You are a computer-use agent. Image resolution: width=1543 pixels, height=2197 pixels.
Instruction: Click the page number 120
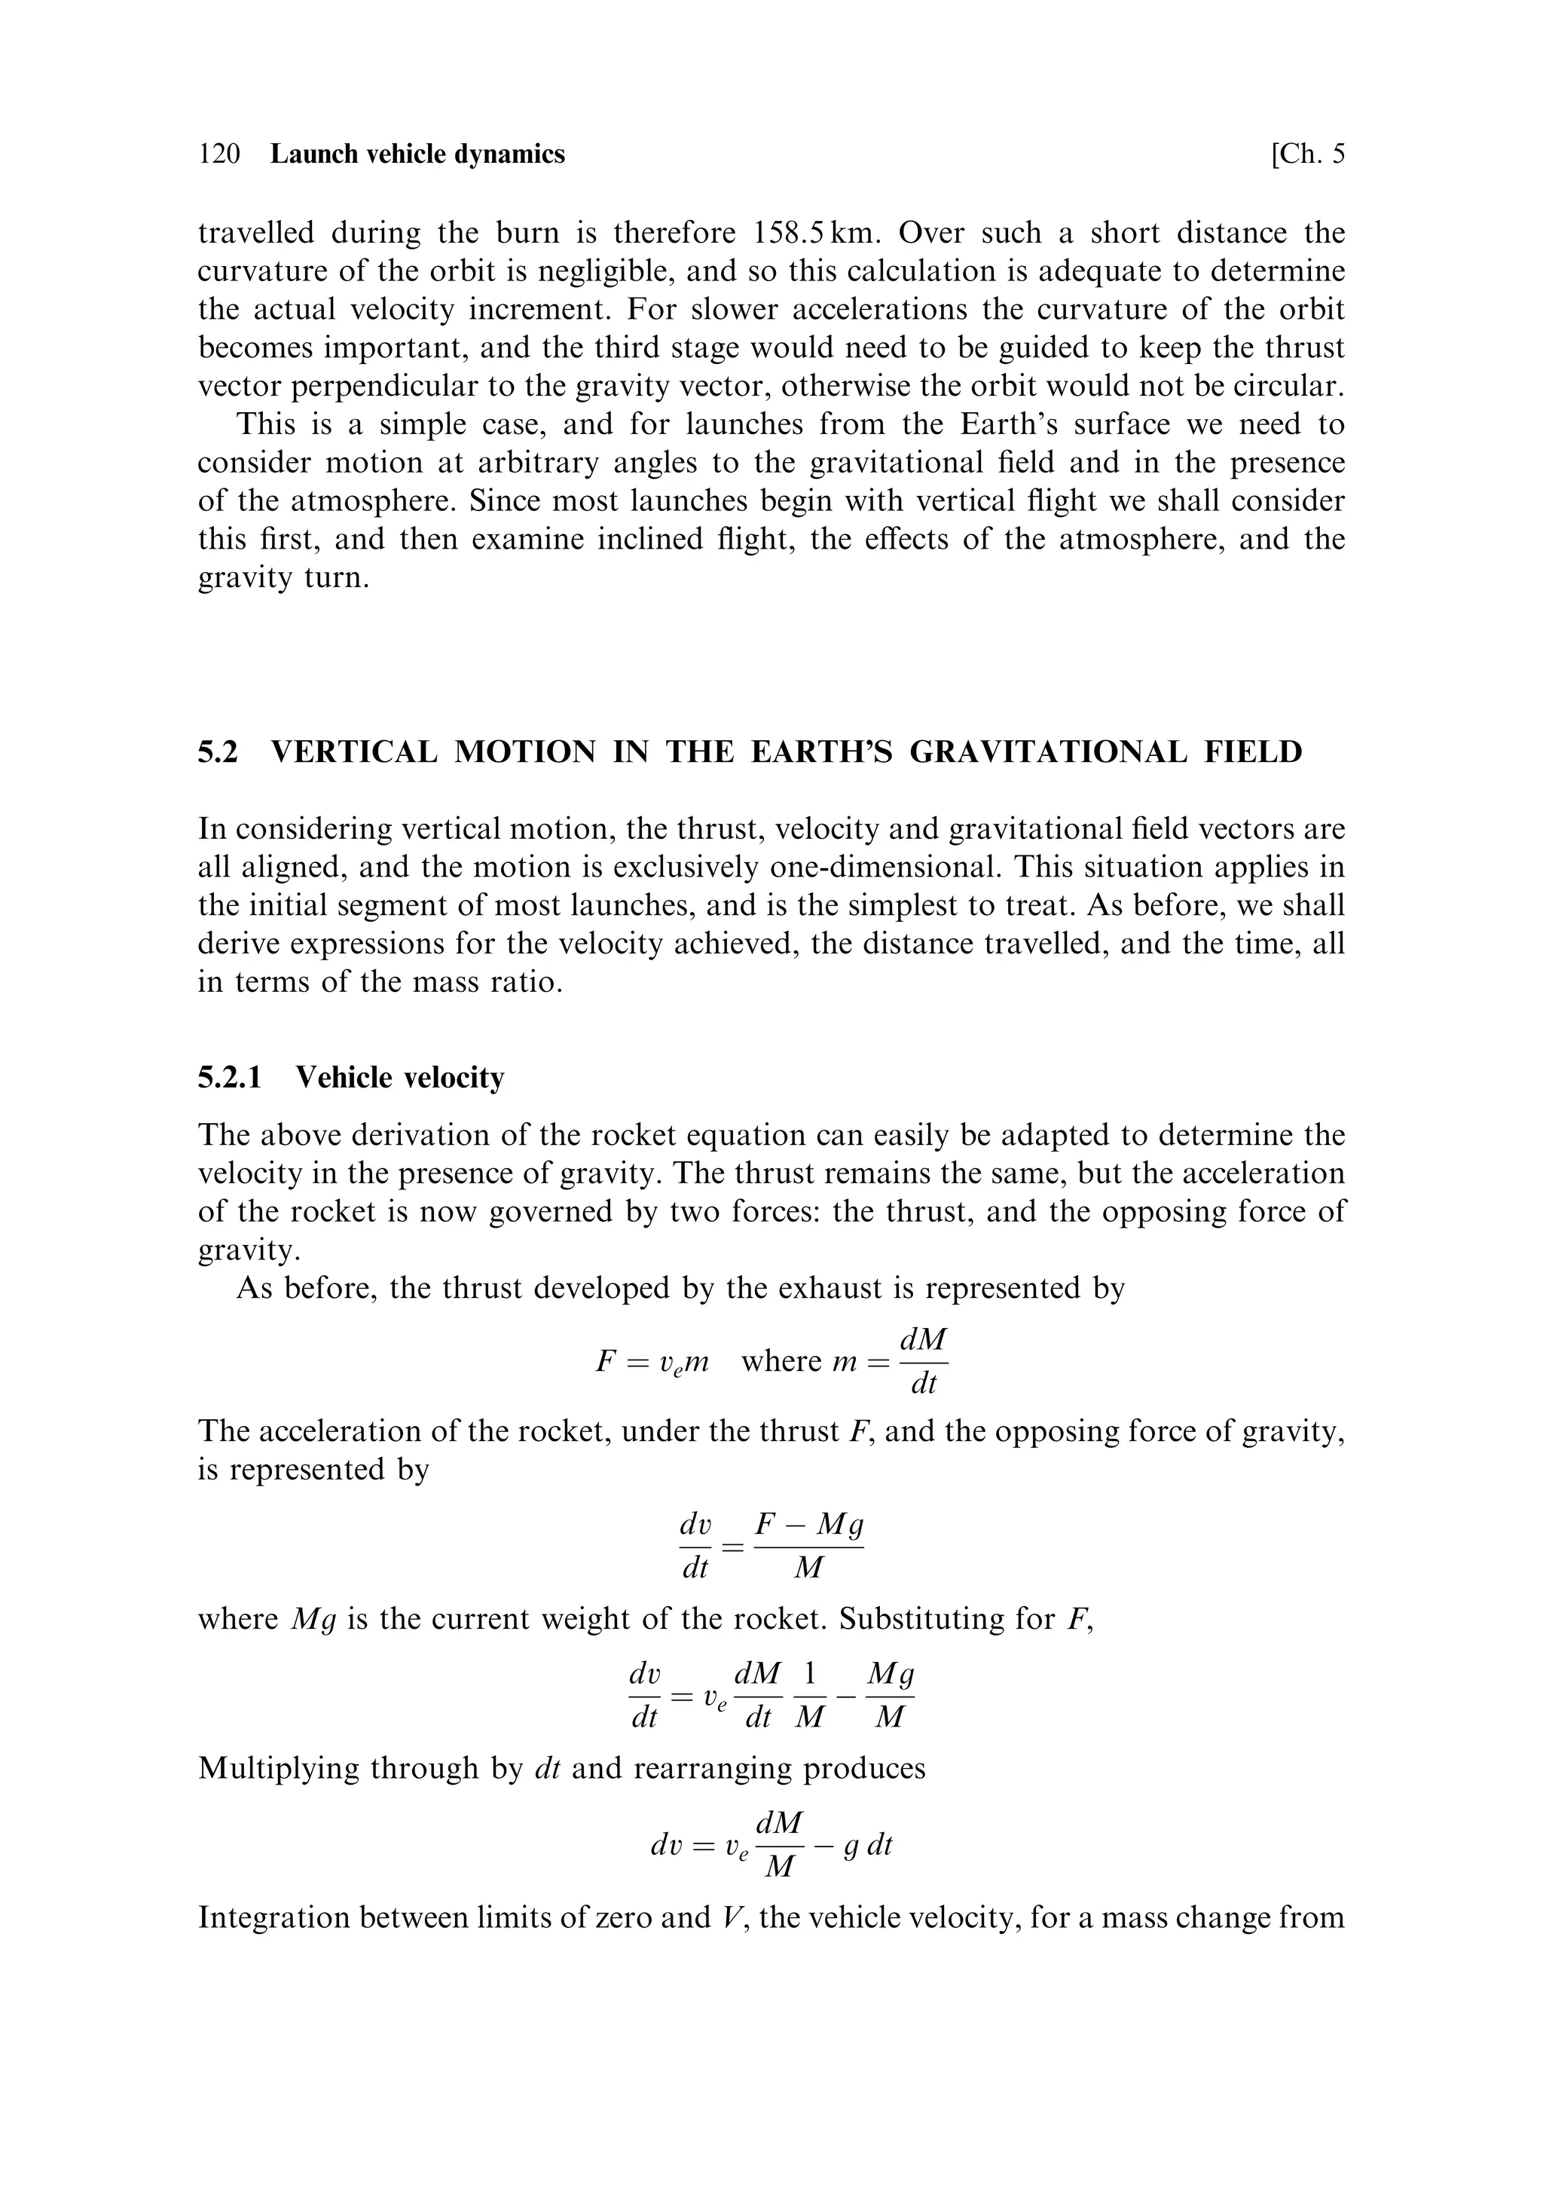coord(219,154)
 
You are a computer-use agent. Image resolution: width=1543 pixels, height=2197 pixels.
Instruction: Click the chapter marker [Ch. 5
coord(1306,154)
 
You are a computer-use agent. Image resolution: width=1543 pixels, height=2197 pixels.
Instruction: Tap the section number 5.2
coord(217,752)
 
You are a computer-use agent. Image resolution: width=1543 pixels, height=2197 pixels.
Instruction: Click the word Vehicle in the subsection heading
coord(344,1078)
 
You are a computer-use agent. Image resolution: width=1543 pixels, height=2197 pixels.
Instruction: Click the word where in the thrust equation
coord(781,1360)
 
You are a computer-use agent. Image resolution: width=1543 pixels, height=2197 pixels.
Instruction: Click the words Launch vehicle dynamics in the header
coord(418,154)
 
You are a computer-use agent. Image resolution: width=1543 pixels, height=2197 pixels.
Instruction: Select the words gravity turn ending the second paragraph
coord(283,578)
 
